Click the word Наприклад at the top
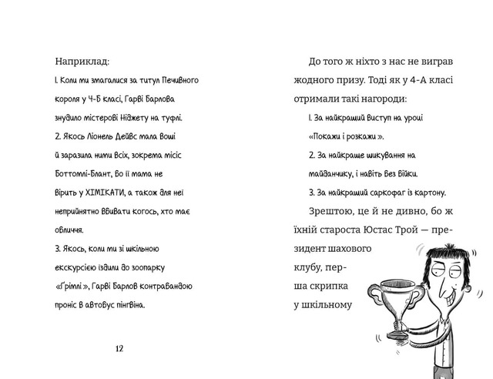coord(82,61)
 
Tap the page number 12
coord(119,348)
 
